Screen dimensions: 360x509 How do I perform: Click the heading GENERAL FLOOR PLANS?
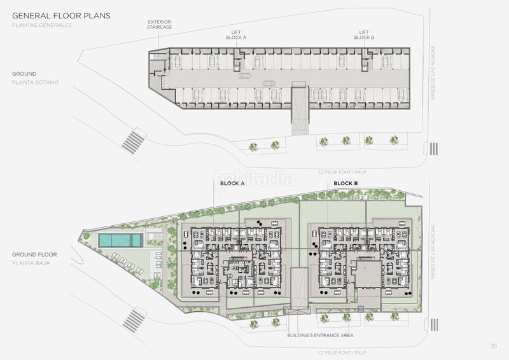click(62, 15)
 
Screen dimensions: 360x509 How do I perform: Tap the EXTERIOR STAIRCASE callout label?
click(159, 25)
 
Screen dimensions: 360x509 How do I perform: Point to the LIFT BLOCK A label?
click(236, 34)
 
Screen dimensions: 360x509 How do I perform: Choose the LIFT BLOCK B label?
click(363, 34)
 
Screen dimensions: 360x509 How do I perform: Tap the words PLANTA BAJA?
click(31, 263)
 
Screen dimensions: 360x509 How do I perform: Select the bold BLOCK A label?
click(232, 183)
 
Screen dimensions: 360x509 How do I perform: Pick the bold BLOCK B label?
click(345, 183)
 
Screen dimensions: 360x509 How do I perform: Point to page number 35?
click(494, 346)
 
